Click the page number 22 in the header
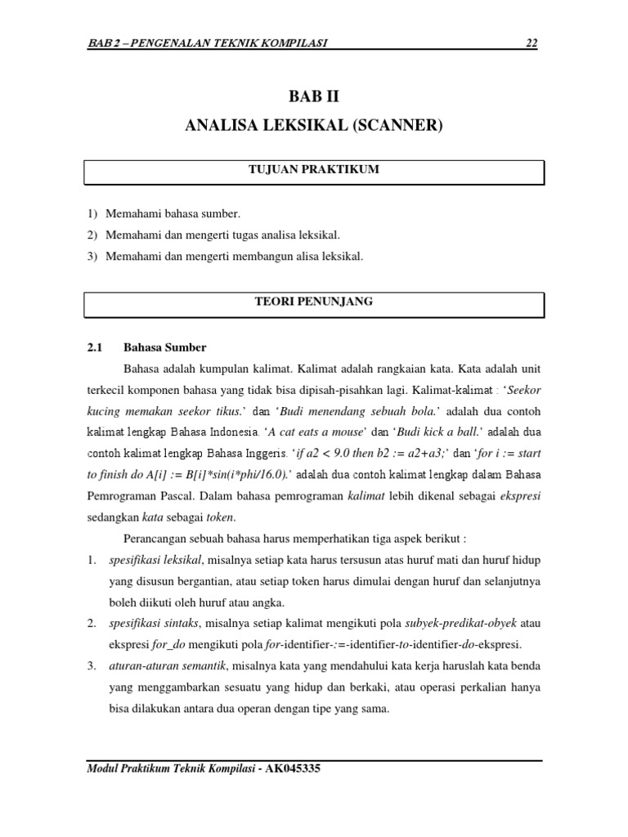(x=532, y=43)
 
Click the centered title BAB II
(x=314, y=96)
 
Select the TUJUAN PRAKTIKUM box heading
(x=314, y=169)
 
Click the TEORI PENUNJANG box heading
(x=314, y=302)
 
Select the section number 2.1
(x=94, y=347)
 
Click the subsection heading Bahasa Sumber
(x=164, y=347)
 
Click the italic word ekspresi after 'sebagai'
(x=521, y=496)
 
